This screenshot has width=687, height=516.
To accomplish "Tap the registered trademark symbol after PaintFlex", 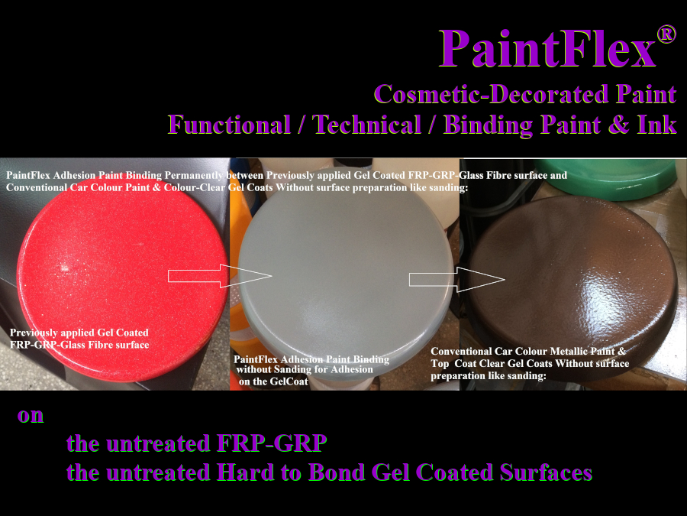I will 666,34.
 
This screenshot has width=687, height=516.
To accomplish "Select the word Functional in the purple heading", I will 230,124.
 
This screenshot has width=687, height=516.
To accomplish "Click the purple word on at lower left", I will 31,416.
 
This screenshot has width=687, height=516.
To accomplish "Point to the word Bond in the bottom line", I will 331,472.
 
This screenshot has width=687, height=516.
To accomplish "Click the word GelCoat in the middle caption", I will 290,381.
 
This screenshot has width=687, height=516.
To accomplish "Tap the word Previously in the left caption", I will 36,333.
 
